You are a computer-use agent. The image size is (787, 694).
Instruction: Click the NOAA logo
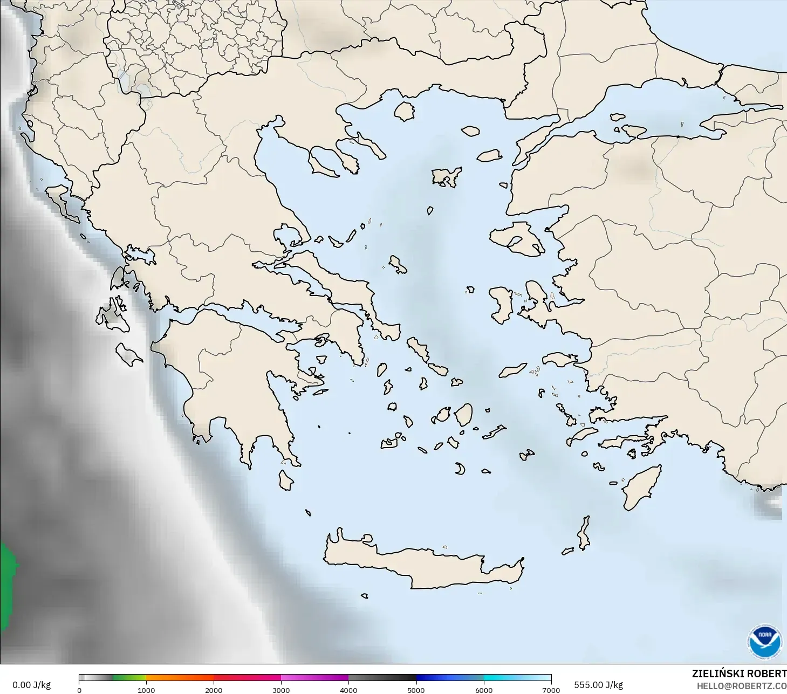click(764, 642)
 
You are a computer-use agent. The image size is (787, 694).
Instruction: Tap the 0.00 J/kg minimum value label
click(32, 685)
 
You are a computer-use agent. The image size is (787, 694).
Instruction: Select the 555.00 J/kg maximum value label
click(598, 685)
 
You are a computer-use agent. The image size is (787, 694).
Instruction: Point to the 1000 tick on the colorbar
click(146, 690)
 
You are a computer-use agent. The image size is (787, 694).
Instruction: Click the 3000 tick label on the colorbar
click(281, 690)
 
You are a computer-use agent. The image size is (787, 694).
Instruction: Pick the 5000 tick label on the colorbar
click(416, 690)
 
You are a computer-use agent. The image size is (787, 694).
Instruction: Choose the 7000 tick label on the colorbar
click(551, 690)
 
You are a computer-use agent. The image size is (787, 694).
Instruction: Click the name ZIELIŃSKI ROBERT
click(739, 674)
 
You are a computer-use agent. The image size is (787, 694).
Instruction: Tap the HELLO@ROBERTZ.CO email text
click(741, 686)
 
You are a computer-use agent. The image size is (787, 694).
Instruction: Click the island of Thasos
click(404, 111)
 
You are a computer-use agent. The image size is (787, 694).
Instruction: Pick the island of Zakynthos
click(128, 354)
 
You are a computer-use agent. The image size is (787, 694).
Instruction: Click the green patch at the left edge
click(7, 585)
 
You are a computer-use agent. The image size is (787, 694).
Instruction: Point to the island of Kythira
click(285, 480)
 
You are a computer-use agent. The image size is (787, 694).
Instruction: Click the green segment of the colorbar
click(129, 678)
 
